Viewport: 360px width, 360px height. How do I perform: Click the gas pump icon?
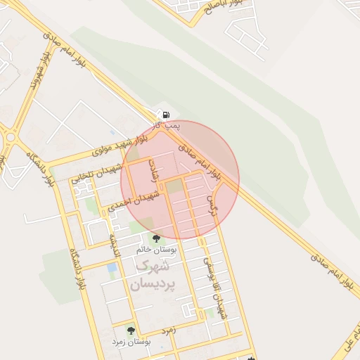click(x=165, y=115)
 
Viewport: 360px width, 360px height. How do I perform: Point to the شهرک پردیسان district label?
click(x=150, y=276)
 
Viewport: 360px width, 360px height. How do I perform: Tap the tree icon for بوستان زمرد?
click(x=130, y=330)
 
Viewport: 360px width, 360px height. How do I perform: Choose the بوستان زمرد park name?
click(x=131, y=341)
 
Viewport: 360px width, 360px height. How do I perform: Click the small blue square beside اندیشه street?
click(x=112, y=268)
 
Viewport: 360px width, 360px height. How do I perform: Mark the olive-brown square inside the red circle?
click(x=174, y=186)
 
